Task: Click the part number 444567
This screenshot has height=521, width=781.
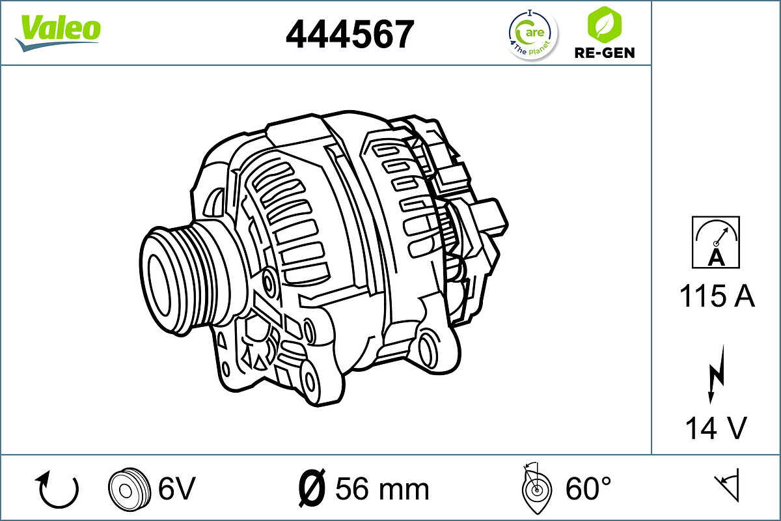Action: tap(349, 34)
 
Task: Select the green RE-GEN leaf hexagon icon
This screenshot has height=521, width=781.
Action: tap(604, 25)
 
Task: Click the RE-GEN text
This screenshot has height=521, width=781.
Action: tap(604, 53)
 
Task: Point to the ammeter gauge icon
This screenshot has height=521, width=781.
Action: tap(716, 242)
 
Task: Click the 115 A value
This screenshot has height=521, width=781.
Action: tap(717, 297)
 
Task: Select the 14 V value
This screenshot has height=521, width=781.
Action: tap(716, 429)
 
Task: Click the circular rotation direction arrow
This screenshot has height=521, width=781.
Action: tap(59, 489)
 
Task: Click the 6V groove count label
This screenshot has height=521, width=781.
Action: tap(176, 488)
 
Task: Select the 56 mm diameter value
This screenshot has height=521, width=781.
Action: tap(382, 488)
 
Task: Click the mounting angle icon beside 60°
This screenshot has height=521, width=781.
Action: tap(535, 487)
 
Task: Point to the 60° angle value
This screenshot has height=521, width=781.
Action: tap(588, 488)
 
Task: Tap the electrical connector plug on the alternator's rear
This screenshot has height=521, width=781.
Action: tap(489, 215)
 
